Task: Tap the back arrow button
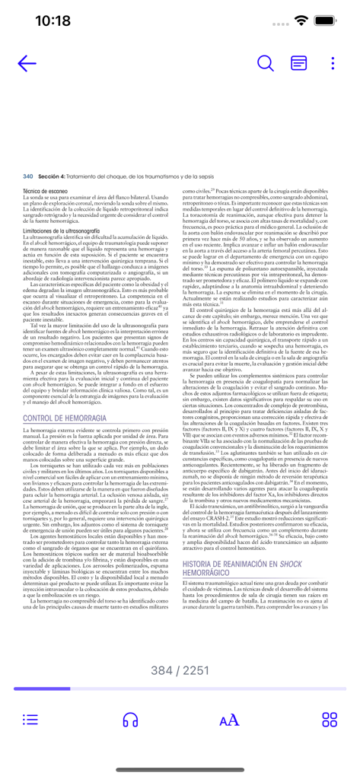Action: pos(27,63)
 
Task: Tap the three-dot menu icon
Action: pos(333,63)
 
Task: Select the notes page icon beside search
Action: pos(299,63)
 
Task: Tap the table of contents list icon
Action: pos(30,719)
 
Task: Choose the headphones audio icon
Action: pos(130,719)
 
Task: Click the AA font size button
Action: pos(228,719)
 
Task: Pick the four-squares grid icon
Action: pos(330,719)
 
